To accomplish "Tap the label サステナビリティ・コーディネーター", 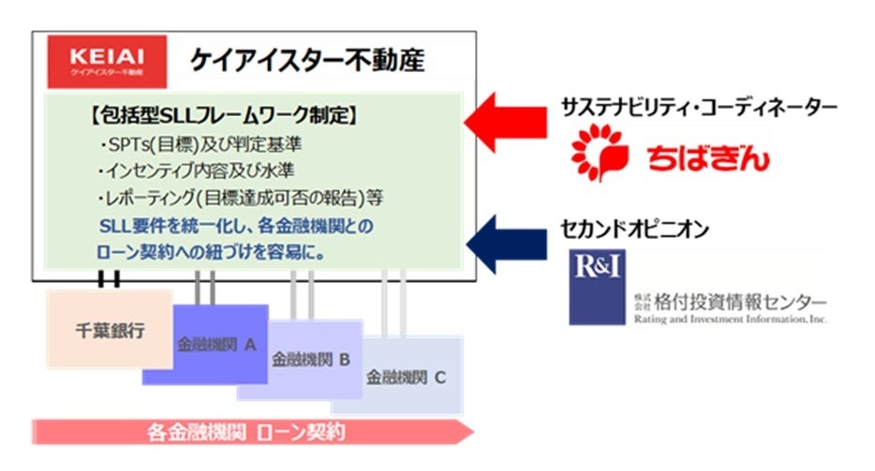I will (711, 107).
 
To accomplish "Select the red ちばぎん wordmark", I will (708, 156).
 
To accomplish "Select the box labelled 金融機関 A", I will (216, 345).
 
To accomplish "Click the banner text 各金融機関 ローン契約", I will (247, 433).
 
